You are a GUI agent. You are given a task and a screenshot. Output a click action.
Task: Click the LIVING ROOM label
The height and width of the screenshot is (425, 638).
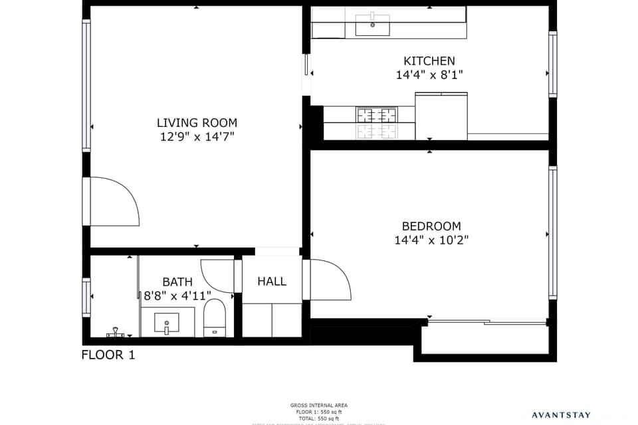(x=197, y=123)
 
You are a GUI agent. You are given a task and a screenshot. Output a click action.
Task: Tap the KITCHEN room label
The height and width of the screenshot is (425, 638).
(x=429, y=61)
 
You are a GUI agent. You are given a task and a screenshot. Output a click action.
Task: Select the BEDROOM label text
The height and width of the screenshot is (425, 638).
(x=431, y=226)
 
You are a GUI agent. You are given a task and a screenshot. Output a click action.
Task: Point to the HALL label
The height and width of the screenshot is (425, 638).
(x=272, y=282)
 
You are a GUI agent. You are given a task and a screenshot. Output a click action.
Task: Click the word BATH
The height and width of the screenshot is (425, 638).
(x=177, y=282)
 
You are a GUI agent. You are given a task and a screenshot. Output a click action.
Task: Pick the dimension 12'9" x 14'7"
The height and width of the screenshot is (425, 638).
(x=197, y=137)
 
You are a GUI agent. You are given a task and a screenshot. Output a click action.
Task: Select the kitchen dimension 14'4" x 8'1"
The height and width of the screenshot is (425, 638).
(x=429, y=75)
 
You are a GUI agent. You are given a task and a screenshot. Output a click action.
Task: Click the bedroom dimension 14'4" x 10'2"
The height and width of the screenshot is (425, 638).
(x=431, y=240)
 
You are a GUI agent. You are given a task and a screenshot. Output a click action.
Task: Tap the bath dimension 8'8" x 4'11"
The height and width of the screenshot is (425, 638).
(x=177, y=296)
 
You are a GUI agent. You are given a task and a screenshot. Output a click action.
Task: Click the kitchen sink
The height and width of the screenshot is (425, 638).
(x=372, y=26)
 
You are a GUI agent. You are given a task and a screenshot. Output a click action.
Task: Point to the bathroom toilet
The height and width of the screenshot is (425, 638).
(x=215, y=317)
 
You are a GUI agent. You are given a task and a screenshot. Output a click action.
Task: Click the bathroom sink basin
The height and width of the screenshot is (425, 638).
(x=166, y=323)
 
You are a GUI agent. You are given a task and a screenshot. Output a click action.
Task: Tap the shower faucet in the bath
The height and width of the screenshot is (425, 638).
(x=116, y=330)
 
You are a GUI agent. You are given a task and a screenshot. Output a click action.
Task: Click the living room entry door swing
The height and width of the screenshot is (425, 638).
(x=113, y=203)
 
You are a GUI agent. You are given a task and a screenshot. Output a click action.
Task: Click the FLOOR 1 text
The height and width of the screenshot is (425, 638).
(x=108, y=355)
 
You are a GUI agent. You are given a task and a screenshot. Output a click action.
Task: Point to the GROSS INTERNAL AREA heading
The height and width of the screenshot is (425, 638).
(x=319, y=405)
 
